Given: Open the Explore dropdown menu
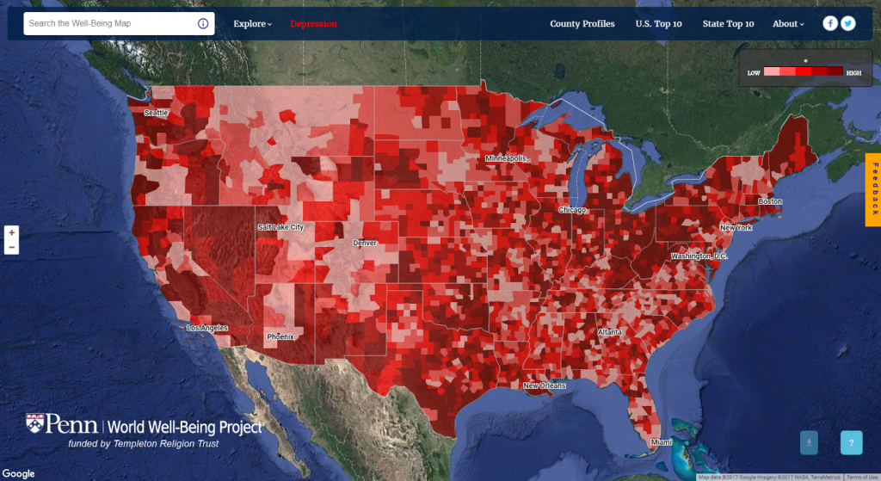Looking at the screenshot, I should point(252,24).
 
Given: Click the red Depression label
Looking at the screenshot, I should point(313,24).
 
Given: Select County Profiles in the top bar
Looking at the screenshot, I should point(582,24).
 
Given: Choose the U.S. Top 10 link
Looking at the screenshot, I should point(658,24).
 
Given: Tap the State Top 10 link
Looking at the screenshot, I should point(728,24).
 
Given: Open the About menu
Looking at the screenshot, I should point(787,24).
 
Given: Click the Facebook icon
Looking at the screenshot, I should point(830,23).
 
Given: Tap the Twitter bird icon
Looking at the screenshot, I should point(848,23).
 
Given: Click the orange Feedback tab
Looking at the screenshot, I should point(872,190).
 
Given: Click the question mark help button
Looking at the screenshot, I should point(851,443).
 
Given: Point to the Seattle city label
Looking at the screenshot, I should point(157,113).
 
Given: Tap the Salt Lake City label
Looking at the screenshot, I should point(280,227).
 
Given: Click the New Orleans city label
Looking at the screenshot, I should point(545,385).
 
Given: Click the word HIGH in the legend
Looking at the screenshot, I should point(853,73).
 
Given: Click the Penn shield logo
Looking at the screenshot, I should point(35,423).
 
